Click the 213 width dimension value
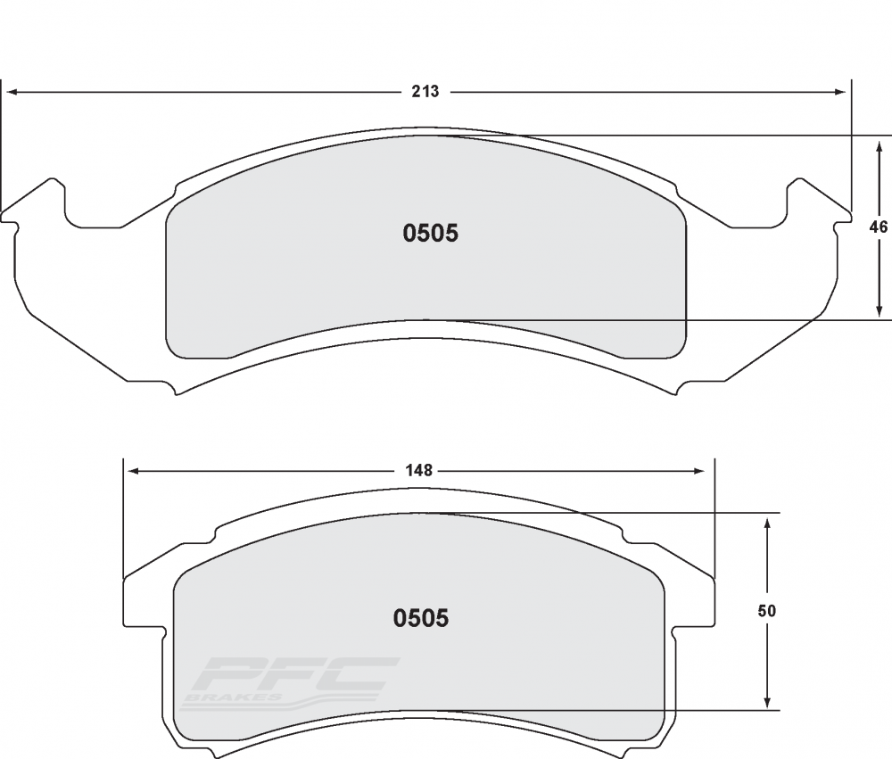[426, 92]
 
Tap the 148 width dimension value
[419, 471]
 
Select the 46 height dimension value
[879, 227]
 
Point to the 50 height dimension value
[767, 611]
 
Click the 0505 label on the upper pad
[431, 234]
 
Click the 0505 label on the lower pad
[421, 618]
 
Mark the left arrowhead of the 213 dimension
[11, 92]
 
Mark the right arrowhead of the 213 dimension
[841, 92]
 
